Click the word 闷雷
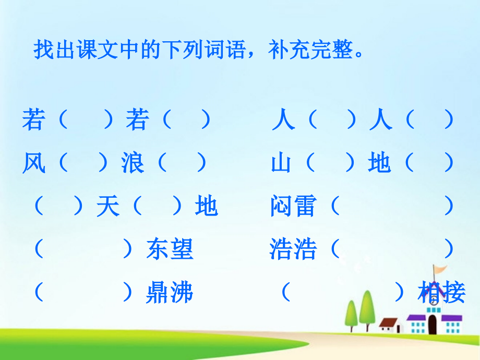293,207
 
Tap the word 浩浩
293,249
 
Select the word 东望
170,249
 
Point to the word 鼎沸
170,293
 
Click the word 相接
441,293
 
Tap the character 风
34,164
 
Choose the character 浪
133,164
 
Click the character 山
282,164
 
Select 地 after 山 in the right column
379,164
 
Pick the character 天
108,207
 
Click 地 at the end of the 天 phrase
206,207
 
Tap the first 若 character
34,121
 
